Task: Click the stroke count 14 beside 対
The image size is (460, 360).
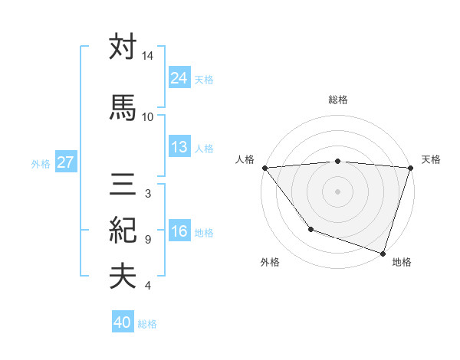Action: [147, 57]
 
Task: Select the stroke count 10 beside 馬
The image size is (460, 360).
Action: [147, 116]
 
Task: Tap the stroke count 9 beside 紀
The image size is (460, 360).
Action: [147, 240]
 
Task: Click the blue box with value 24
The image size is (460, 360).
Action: [179, 78]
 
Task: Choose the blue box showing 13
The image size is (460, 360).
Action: [179, 147]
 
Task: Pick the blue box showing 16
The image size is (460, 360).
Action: [179, 232]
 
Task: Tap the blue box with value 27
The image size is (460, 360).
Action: [65, 162]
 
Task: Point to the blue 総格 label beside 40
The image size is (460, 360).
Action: [147, 324]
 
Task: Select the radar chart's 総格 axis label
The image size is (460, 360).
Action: [337, 100]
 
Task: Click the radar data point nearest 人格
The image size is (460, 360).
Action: [264, 168]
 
